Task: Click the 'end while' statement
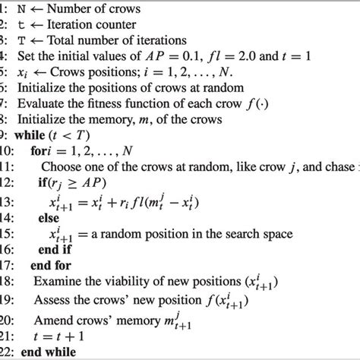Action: click(x=42, y=352)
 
